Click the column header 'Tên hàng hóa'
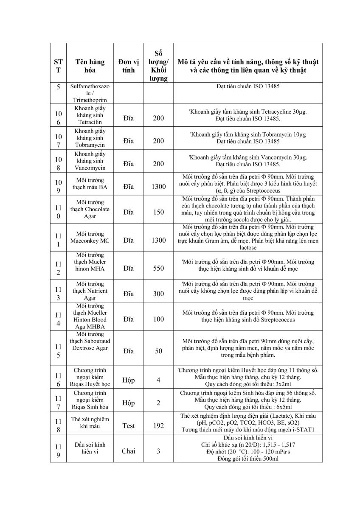click(90, 66)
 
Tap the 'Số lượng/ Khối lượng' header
click(158, 66)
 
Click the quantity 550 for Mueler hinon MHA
click(158, 268)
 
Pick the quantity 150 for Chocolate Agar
click(158, 212)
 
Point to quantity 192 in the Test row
click(158, 425)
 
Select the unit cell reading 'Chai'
click(129, 451)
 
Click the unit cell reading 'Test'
click(129, 425)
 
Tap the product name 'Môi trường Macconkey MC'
click(90, 237)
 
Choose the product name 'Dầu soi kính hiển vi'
click(90, 448)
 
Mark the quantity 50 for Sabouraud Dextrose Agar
click(158, 351)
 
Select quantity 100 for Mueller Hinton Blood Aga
click(158, 319)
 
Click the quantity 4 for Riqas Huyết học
click(158, 380)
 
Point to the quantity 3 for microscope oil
click(158, 451)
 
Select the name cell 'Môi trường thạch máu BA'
click(90, 183)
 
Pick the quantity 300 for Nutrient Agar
click(158, 294)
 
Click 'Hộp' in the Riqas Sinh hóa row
click(129, 403)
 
